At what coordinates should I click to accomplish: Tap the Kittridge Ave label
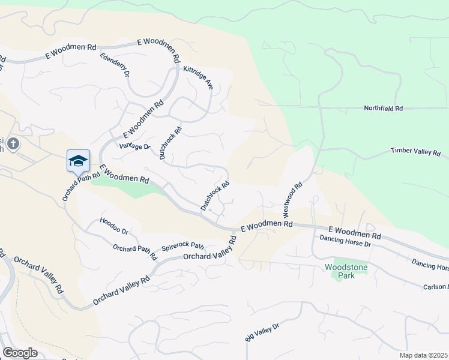(x=198, y=78)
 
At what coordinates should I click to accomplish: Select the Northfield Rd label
(x=383, y=109)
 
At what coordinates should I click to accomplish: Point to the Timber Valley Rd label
(x=415, y=152)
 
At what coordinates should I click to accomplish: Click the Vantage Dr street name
(x=134, y=146)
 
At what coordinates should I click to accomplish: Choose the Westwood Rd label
(x=292, y=199)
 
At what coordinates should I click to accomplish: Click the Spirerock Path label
(x=183, y=247)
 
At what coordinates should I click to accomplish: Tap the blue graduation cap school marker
(x=78, y=160)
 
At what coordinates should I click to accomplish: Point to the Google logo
(x=20, y=353)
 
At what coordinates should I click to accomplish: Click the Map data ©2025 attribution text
(x=423, y=355)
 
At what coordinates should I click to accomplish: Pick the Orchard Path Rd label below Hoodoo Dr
(x=134, y=252)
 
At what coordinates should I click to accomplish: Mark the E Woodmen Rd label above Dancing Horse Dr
(x=355, y=232)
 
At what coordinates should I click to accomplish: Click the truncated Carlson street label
(x=435, y=287)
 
